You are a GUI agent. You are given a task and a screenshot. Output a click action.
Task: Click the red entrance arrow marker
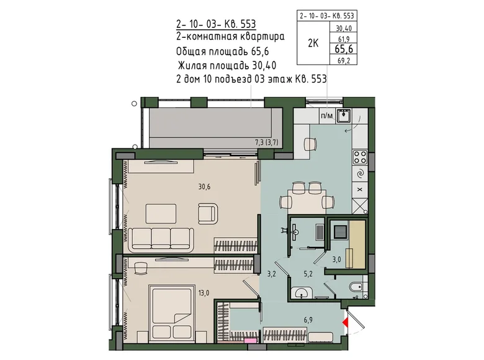pyautogui.click(x=346, y=323)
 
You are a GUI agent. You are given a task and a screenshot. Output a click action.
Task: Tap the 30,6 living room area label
pyautogui.click(x=204, y=186)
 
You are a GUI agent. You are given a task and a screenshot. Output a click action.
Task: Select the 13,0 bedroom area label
pyautogui.click(x=204, y=292)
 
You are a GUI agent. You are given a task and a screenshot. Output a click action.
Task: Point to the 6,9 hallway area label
pyautogui.click(x=308, y=320)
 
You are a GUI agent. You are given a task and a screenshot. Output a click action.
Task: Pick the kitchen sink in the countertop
pyautogui.click(x=344, y=116)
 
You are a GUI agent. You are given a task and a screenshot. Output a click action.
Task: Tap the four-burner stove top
pyautogui.click(x=360, y=157)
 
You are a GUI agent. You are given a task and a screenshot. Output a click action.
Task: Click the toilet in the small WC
pyautogui.click(x=357, y=287)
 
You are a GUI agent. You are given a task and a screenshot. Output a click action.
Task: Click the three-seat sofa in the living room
pyautogui.click(x=161, y=240)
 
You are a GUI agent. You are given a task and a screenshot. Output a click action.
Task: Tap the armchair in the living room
pyautogui.click(x=207, y=214)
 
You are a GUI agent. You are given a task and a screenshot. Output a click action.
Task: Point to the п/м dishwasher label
pyautogui.click(x=327, y=116)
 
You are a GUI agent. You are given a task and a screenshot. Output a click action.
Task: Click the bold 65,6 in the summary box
pyautogui.click(x=344, y=49)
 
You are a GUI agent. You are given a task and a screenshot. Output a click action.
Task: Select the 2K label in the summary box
pyautogui.click(x=313, y=43)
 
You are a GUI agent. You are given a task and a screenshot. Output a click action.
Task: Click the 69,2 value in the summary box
pyautogui.click(x=343, y=61)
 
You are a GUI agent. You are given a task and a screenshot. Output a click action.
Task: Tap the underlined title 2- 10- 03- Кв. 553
pyautogui.click(x=216, y=24)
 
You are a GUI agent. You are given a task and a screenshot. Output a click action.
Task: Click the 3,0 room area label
pyautogui.click(x=337, y=259)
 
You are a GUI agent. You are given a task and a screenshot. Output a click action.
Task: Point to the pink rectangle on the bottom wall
pyautogui.click(x=250, y=341)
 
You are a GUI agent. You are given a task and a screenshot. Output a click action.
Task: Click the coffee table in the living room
pyautogui.click(x=161, y=214)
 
